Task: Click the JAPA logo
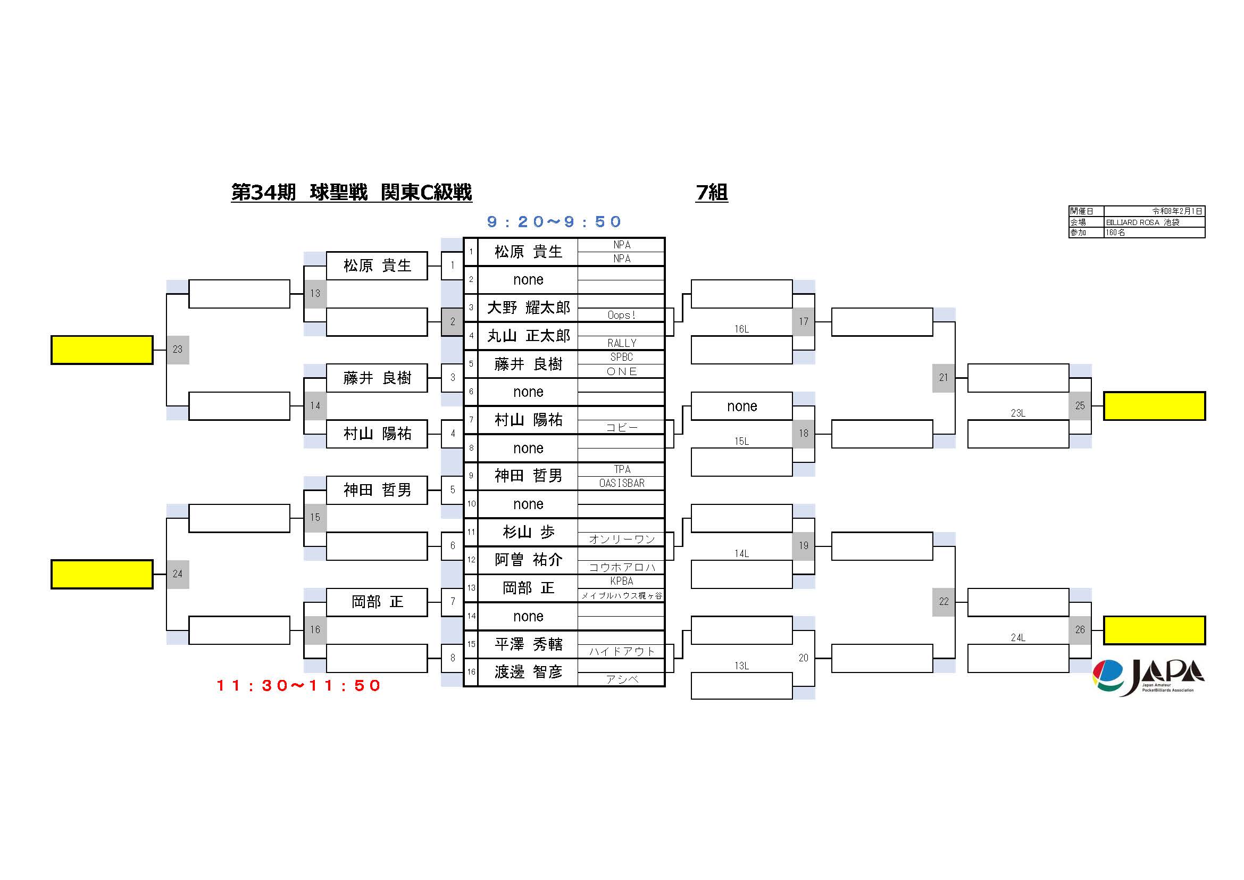(x=1148, y=677)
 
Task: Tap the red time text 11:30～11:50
(x=298, y=686)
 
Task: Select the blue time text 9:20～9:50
(x=554, y=222)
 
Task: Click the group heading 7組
(x=712, y=193)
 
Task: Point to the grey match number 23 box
(x=178, y=350)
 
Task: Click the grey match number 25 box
(x=1080, y=406)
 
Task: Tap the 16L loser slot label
(x=741, y=329)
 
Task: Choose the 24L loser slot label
(x=1017, y=637)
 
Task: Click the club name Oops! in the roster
(x=621, y=315)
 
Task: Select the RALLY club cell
(x=621, y=343)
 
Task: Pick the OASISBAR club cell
(x=621, y=483)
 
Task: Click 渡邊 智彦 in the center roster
(x=528, y=672)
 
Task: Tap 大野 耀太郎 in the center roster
(x=528, y=308)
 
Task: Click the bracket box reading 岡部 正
(x=377, y=602)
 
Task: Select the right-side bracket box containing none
(x=742, y=406)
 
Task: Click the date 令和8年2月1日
(x=1177, y=211)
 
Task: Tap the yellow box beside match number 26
(x=1154, y=630)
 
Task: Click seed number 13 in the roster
(x=471, y=588)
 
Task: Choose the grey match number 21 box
(x=944, y=378)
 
